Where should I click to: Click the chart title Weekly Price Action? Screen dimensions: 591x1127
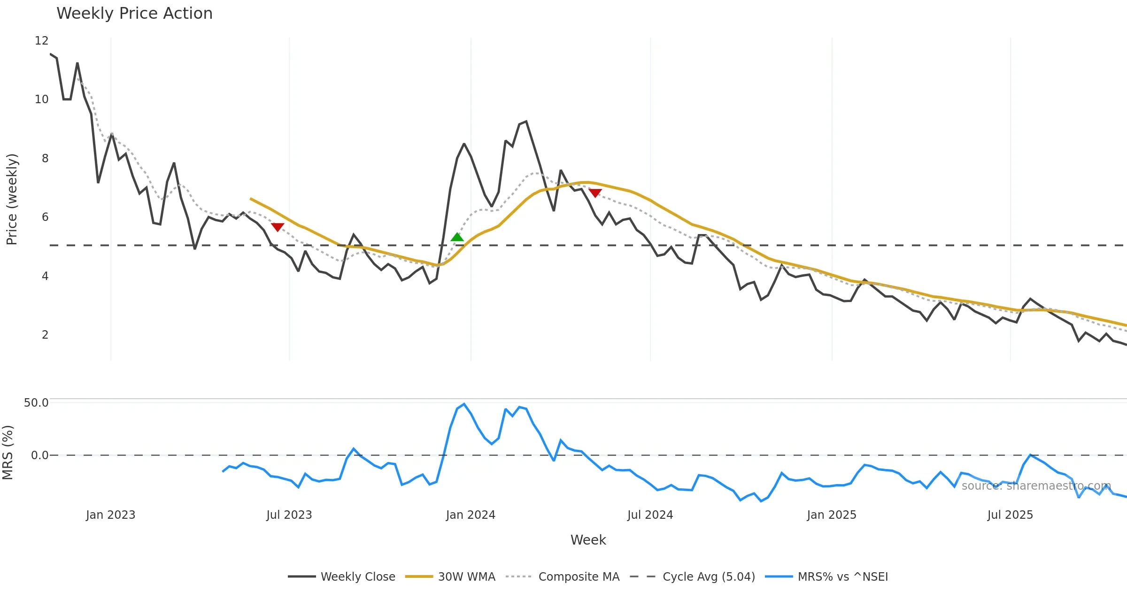[x=134, y=14]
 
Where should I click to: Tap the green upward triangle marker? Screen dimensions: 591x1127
[x=457, y=237]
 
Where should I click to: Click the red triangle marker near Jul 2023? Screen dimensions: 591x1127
[x=278, y=227]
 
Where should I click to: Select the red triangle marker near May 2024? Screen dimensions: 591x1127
[x=595, y=193]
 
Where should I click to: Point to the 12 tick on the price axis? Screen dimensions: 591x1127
[x=42, y=41]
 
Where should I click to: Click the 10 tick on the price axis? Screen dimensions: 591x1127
[x=42, y=99]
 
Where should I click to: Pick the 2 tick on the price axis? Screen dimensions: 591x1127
[x=45, y=335]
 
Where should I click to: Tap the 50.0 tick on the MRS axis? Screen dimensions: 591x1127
[x=36, y=403]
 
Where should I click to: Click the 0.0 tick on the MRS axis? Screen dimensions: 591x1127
[x=39, y=455]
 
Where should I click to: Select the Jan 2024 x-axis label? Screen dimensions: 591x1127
[x=471, y=515]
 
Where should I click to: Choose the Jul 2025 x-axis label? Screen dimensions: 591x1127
[x=1010, y=515]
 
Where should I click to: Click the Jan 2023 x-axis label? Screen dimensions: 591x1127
[x=111, y=515]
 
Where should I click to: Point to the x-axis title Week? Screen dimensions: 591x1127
[x=588, y=540]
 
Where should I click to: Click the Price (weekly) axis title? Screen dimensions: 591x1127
[x=12, y=199]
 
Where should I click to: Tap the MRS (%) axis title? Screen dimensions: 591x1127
[x=8, y=453]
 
